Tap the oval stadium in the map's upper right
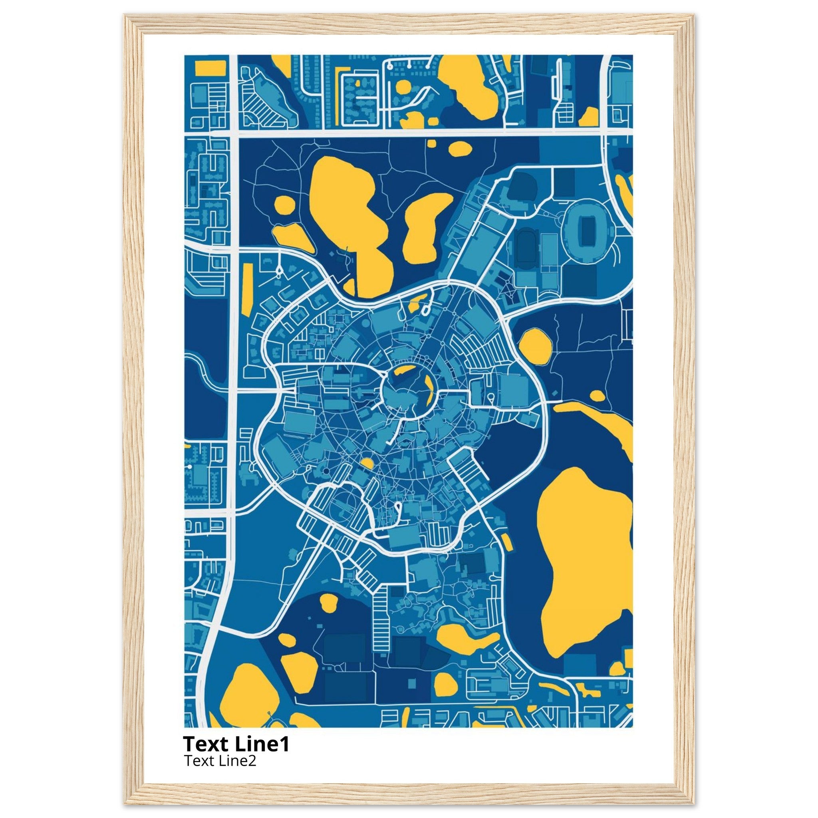tap(587, 230)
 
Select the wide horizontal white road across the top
tap(419, 133)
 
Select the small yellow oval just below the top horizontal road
tap(460, 148)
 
